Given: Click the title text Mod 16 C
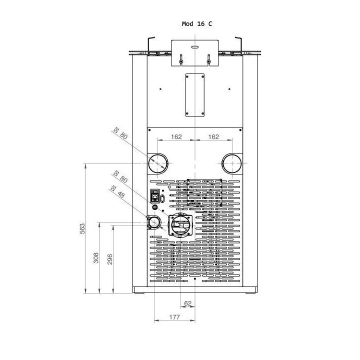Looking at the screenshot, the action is [197, 24].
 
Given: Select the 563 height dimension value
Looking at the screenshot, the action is [82, 228].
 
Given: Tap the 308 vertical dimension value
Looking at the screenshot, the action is [96, 258].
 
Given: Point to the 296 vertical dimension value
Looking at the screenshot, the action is [110, 259].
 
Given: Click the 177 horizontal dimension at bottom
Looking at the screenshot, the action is [174, 317].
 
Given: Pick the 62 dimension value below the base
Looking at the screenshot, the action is [188, 303].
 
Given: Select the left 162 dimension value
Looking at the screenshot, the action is [176, 137].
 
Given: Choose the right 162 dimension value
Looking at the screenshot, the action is [213, 137].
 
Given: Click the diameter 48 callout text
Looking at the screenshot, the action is [118, 191].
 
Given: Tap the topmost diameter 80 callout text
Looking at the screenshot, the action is [120, 133].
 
